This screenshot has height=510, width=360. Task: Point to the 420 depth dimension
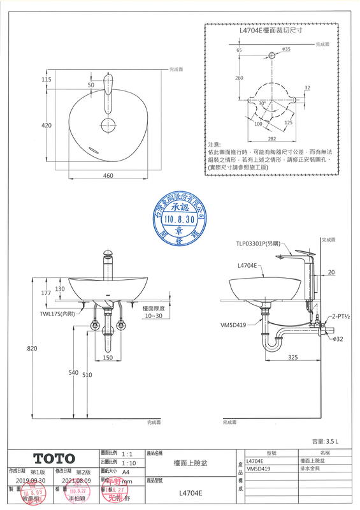tap(46, 126)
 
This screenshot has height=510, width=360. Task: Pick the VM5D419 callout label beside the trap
tap(233, 324)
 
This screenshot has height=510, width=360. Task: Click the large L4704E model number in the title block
tap(189, 493)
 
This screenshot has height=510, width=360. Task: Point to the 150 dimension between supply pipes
tap(108, 358)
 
